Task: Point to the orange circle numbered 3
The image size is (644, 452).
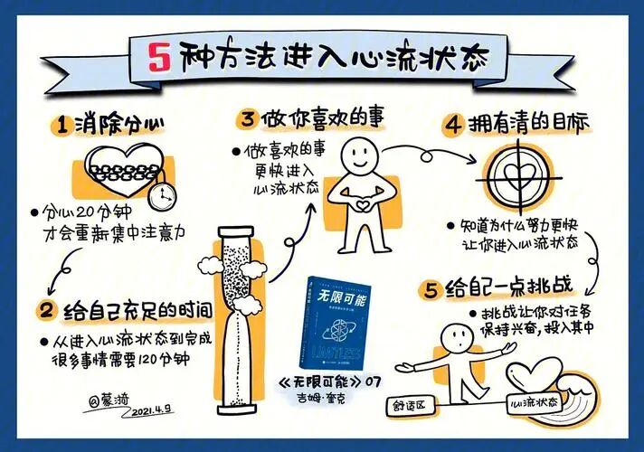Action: coord(247,119)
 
